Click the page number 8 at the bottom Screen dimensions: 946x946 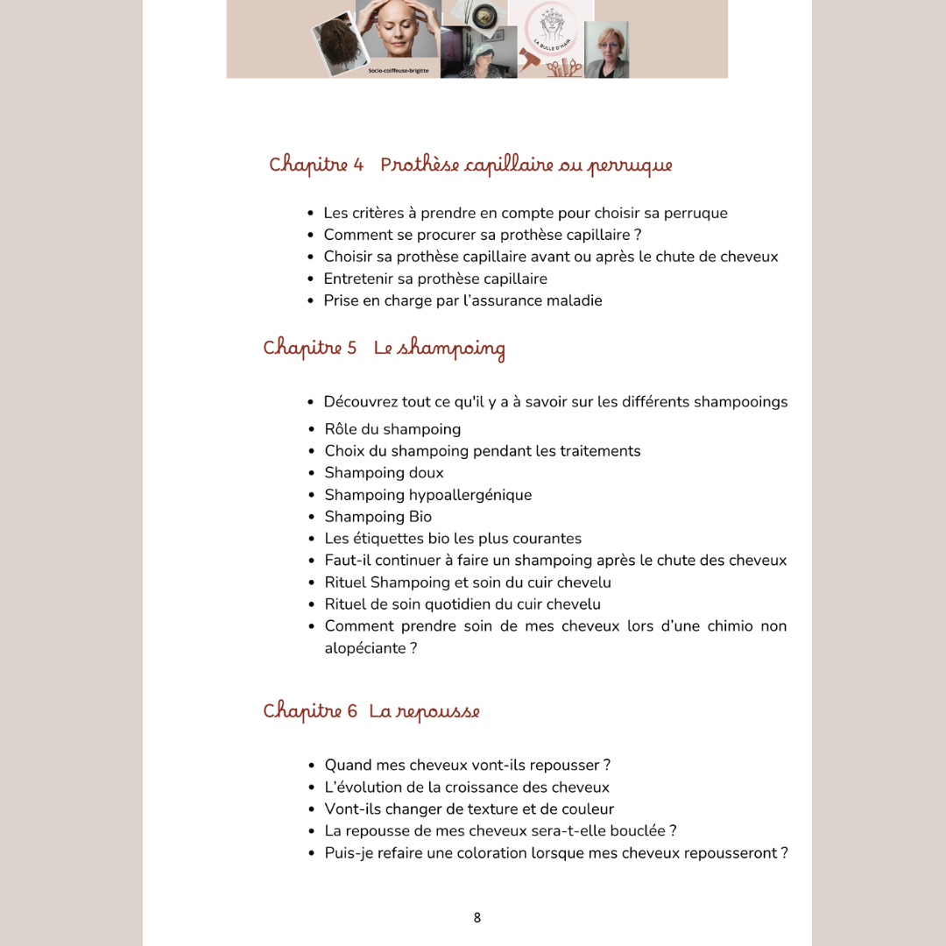pyautogui.click(x=477, y=918)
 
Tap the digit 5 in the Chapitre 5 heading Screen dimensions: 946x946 pyautogui.click(x=351, y=348)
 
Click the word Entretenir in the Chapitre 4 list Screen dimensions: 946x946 pyautogui.click(x=357, y=279)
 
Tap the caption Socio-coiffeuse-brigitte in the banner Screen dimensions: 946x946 pyautogui.click(x=399, y=70)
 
